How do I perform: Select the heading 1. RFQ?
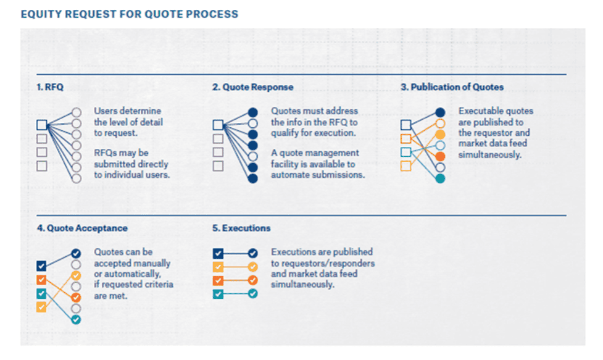[x=50, y=87]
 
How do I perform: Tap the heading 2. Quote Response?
[x=252, y=87]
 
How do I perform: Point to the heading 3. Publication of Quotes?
[x=452, y=87]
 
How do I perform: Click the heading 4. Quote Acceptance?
[x=82, y=228]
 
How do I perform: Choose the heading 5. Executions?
[x=241, y=228]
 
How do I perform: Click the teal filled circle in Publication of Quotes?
[x=440, y=178]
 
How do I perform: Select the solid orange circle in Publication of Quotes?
[x=440, y=157]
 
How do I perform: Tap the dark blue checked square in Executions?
[x=218, y=253]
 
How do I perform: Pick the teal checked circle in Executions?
[x=252, y=294]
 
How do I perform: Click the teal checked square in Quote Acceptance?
[x=41, y=294]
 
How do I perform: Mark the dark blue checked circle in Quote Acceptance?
[x=76, y=253]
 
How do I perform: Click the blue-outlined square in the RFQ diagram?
[x=41, y=125]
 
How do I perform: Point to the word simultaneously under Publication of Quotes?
[x=489, y=154]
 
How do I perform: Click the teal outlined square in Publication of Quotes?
[x=405, y=152]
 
